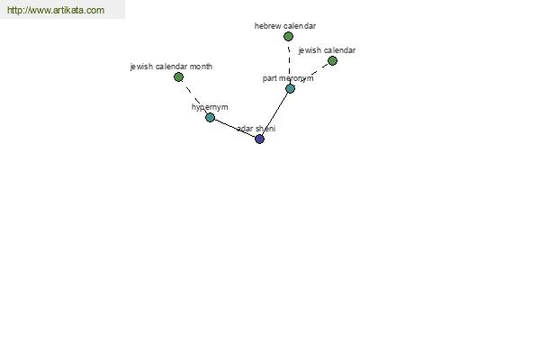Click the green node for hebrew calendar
(288, 36)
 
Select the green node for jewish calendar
(332, 61)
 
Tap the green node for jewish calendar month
(178, 77)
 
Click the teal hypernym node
(210, 118)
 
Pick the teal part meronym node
(290, 88)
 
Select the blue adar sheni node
(259, 139)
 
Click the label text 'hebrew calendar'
(285, 26)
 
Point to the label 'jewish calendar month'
(171, 67)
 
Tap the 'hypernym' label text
(210, 107)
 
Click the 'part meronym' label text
(288, 78)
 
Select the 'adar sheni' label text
(256, 129)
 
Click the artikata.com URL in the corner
(56, 10)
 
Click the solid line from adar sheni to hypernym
(235, 128)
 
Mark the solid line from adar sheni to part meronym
(274, 114)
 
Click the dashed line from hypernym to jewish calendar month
(194, 97)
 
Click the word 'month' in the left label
(201, 67)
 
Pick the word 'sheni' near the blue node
(265, 129)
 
